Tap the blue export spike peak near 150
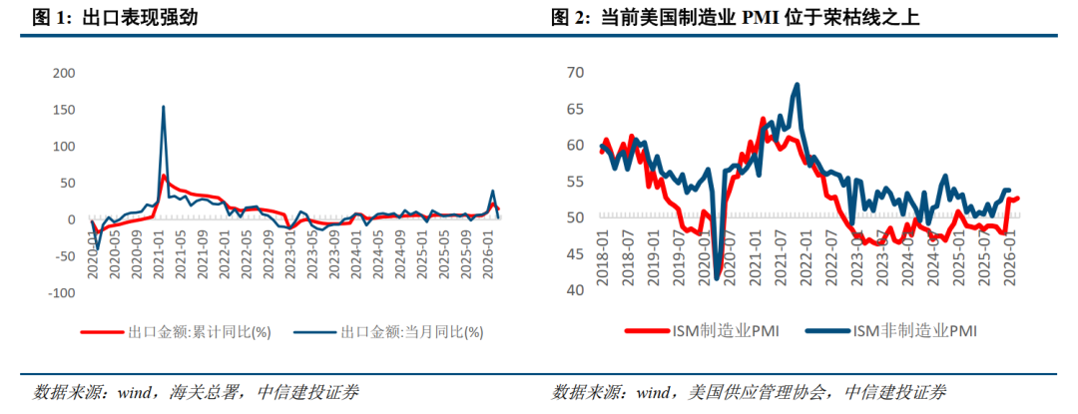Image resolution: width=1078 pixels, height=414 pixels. point(163,107)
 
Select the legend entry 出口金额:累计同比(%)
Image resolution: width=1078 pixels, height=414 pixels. point(176,332)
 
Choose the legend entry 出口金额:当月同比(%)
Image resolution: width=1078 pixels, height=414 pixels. point(388,332)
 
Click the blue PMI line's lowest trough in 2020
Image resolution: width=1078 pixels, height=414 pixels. point(717,278)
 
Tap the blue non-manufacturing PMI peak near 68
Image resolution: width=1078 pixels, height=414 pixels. point(797,85)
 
